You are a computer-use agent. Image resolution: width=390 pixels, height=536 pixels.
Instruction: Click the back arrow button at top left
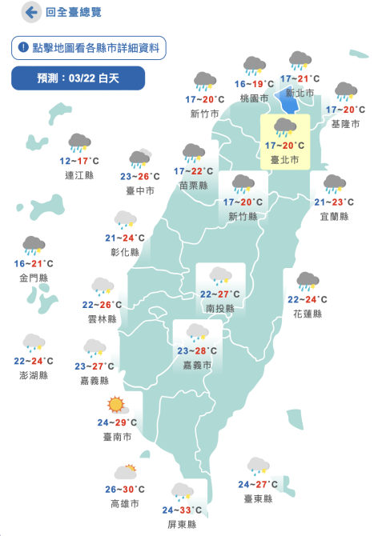point(33,13)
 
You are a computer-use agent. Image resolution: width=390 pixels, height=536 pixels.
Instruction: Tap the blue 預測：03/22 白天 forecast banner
point(78,78)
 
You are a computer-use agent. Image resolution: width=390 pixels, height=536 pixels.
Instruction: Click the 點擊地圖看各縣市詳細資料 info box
point(89,48)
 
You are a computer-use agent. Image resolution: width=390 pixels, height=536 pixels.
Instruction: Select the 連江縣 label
point(78,174)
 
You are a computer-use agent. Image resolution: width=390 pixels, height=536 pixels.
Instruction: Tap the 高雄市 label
point(124,504)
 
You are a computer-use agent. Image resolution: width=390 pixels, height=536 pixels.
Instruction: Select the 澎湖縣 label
point(34,375)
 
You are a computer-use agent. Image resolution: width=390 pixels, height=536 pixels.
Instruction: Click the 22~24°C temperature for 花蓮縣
point(307,300)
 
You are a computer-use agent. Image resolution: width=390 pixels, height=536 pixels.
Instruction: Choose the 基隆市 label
point(345,124)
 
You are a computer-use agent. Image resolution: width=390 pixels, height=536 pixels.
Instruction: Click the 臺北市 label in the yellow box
point(284,160)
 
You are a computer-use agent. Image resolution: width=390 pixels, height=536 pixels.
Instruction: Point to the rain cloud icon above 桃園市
point(255,66)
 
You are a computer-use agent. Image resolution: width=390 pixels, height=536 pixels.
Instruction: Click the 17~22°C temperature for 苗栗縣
point(194,171)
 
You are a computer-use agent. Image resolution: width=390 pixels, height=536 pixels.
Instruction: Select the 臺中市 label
point(140,191)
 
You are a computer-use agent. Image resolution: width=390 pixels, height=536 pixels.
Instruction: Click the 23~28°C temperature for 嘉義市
point(197,350)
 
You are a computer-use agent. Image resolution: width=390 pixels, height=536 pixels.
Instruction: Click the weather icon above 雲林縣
point(102,286)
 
